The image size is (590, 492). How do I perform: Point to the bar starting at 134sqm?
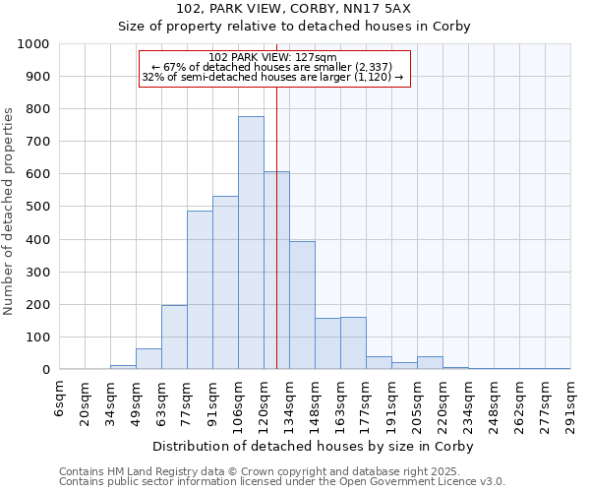(x=302, y=305)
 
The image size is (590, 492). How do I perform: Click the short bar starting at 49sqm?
(x=148, y=359)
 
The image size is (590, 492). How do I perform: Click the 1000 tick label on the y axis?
(x=32, y=44)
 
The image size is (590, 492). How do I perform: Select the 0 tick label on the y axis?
(x=46, y=370)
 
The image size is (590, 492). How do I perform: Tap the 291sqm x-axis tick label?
(x=571, y=402)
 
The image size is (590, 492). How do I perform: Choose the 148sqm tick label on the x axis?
(x=316, y=402)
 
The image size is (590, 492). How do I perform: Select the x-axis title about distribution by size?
(x=315, y=447)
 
